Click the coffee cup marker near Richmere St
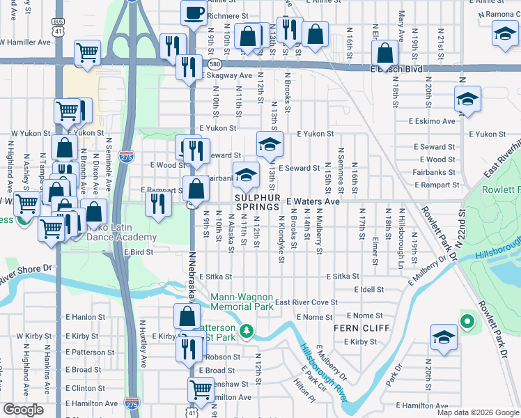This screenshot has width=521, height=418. pos(194,13)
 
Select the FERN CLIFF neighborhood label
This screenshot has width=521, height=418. pos(355,328)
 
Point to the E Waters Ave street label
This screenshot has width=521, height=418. pos(313,201)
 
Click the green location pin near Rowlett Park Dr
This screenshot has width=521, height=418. pos(467,322)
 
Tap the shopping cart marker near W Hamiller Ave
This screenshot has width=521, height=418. pos(87,52)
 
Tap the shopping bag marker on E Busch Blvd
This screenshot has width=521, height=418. pos(384,52)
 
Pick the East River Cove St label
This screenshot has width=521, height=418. pos(306,302)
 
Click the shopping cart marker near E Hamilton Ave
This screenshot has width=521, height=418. pos(201,389)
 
